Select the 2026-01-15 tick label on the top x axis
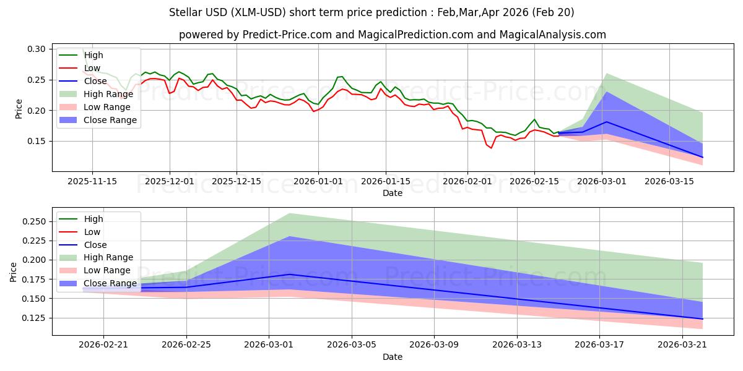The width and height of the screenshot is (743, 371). pyautogui.click(x=386, y=181)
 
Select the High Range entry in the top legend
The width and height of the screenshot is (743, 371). pyautogui.click(x=108, y=94)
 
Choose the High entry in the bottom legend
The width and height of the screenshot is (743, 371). pyautogui.click(x=93, y=219)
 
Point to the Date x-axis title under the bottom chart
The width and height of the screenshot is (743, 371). pyautogui.click(x=392, y=357)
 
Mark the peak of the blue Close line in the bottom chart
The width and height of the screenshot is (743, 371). pyautogui.click(x=290, y=274)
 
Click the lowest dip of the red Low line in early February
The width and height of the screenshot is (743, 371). pyautogui.click(x=491, y=148)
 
